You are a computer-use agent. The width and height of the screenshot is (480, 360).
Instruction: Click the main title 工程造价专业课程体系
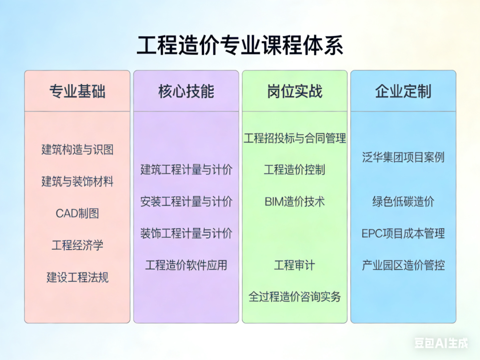pyautogui.click(x=240, y=45)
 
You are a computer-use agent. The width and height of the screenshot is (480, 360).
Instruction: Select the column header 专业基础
pyautogui.click(x=77, y=91)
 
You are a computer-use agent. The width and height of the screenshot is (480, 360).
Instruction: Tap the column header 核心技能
pyautogui.click(x=186, y=91)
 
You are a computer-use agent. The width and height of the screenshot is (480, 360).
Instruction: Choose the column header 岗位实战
pyautogui.click(x=295, y=91)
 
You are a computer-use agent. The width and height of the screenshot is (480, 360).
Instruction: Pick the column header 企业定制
pyautogui.click(x=404, y=91)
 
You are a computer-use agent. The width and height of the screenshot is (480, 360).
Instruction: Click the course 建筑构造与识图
pyautogui.click(x=77, y=150)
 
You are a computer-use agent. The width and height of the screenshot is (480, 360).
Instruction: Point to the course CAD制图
pyautogui.click(x=77, y=213)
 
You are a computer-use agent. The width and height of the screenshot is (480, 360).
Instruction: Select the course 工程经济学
pyautogui.click(x=77, y=245)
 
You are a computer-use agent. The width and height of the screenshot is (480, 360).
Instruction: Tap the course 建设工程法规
pyautogui.click(x=77, y=277)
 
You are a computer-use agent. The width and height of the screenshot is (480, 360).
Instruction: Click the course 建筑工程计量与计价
pyautogui.click(x=186, y=170)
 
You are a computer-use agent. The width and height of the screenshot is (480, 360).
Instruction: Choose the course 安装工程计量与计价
pyautogui.click(x=186, y=201)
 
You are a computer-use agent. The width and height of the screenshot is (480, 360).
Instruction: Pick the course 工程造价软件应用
pyautogui.click(x=186, y=265)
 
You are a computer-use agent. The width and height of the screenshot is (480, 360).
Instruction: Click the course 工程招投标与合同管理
pyautogui.click(x=295, y=138)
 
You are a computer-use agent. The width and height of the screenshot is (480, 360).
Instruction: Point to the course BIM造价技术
pyautogui.click(x=295, y=201)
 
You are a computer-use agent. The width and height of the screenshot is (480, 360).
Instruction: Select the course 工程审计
pyautogui.click(x=295, y=265)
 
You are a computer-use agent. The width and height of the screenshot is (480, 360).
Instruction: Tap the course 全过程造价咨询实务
pyautogui.click(x=295, y=296)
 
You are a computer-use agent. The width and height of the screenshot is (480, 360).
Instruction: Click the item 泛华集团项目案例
pyautogui.click(x=404, y=157)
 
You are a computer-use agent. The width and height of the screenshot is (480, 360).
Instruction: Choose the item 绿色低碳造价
pyautogui.click(x=404, y=201)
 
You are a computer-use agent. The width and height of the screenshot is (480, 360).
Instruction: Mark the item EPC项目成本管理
pyautogui.click(x=404, y=233)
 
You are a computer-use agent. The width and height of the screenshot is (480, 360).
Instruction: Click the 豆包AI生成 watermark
pyautogui.click(x=441, y=343)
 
